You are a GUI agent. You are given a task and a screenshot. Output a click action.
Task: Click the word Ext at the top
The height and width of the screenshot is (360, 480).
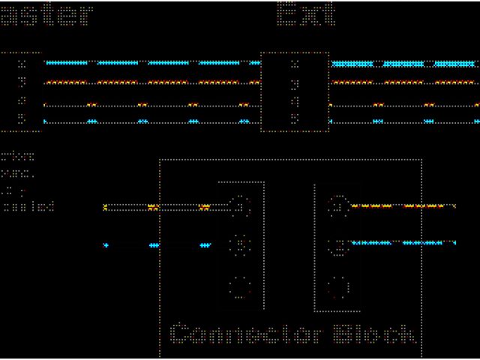306,13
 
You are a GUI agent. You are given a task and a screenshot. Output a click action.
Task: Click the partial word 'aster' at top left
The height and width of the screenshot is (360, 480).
46,13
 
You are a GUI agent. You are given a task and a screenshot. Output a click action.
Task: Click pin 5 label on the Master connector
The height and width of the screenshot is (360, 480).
22,118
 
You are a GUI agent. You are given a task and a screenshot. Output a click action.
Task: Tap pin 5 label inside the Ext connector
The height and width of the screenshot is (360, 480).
295,118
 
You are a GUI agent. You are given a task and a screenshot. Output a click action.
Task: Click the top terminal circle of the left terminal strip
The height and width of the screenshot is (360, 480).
240,205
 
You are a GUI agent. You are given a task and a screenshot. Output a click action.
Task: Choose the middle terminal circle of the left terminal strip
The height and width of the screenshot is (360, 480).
240,244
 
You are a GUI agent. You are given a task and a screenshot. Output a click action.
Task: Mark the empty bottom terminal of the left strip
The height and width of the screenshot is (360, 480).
240,286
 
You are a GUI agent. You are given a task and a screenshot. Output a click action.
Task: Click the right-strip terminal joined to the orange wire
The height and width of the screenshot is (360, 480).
338,205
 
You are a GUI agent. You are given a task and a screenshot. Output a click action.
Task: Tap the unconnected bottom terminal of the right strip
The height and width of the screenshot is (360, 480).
338,286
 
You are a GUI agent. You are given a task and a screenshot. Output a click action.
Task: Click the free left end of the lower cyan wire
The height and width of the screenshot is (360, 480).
106,245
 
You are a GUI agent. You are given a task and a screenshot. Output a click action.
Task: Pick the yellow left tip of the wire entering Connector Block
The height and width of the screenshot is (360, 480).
106,207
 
